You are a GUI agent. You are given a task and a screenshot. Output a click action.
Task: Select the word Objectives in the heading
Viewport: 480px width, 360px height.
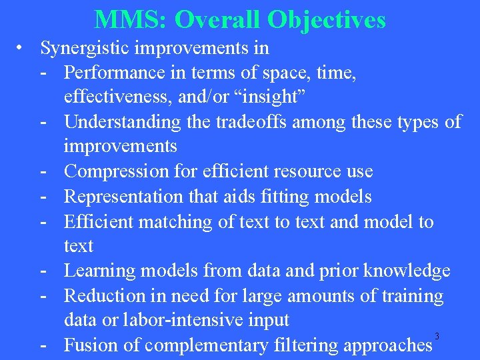(x=327, y=19)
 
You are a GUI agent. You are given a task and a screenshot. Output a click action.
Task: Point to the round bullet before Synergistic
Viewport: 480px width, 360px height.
(x=23, y=47)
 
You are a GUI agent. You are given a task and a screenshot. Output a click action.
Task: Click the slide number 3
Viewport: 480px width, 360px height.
(x=437, y=336)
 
